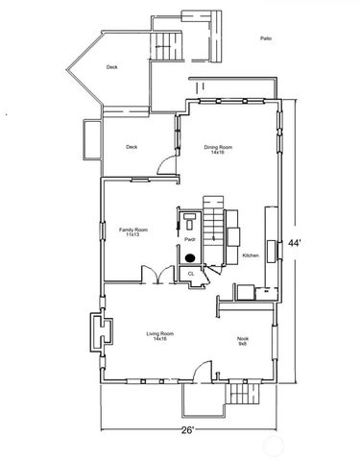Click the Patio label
(x=265, y=38)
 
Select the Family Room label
(x=132, y=232)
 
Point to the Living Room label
(x=156, y=335)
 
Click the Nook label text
(x=243, y=340)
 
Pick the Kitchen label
(x=251, y=255)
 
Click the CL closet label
(x=190, y=274)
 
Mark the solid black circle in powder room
(x=190, y=257)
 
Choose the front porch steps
(x=236, y=395)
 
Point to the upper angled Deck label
(x=112, y=67)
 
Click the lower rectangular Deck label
(x=132, y=147)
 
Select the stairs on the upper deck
(x=169, y=44)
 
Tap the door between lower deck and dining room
(x=167, y=165)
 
